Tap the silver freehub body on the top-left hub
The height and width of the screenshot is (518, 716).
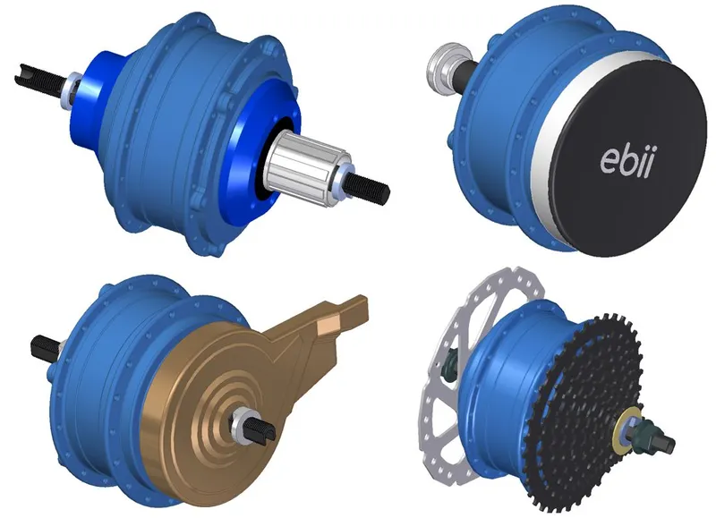coord(306,168)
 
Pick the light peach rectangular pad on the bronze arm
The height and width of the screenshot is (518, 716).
coord(327,325)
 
